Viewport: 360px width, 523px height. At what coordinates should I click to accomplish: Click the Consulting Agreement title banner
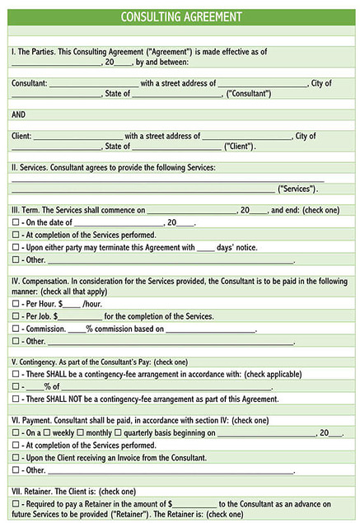[x=180, y=16]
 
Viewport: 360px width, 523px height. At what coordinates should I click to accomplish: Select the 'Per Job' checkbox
[x=16, y=316]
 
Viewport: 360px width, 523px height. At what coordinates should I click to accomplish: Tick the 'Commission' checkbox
[x=16, y=329]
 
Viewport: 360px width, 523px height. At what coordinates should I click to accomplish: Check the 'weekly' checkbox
[x=47, y=433]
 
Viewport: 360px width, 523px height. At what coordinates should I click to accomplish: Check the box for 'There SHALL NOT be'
[x=16, y=399]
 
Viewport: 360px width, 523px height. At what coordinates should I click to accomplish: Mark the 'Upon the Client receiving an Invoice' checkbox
[x=16, y=457]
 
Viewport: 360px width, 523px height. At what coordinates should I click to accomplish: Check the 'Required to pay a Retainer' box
[x=16, y=503]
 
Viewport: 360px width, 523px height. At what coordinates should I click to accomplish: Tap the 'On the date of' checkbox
[x=16, y=222]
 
